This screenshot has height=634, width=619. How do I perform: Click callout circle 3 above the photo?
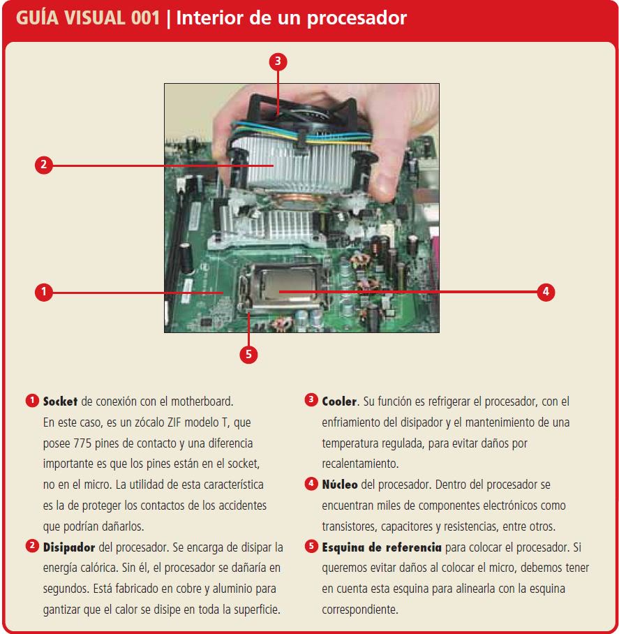click(278, 61)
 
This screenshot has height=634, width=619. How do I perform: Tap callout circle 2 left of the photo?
click(44, 165)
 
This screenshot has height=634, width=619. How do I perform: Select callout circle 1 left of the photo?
click(44, 292)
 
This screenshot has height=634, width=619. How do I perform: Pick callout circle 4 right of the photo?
click(546, 292)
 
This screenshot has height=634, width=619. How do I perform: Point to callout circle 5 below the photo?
click(248, 355)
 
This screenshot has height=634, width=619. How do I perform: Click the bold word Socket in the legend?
click(60, 401)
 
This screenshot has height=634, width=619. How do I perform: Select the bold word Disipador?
click(69, 547)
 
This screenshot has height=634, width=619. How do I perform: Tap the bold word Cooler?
click(339, 401)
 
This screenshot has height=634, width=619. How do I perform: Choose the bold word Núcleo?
click(340, 485)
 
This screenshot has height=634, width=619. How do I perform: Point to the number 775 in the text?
click(82, 443)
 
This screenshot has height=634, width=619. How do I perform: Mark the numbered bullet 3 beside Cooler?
click(311, 400)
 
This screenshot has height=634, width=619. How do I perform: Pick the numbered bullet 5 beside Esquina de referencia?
click(311, 546)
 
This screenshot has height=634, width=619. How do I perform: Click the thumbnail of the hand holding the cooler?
click(301, 208)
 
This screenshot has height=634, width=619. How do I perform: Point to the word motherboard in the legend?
click(202, 401)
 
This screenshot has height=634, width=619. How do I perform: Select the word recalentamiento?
click(360, 464)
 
